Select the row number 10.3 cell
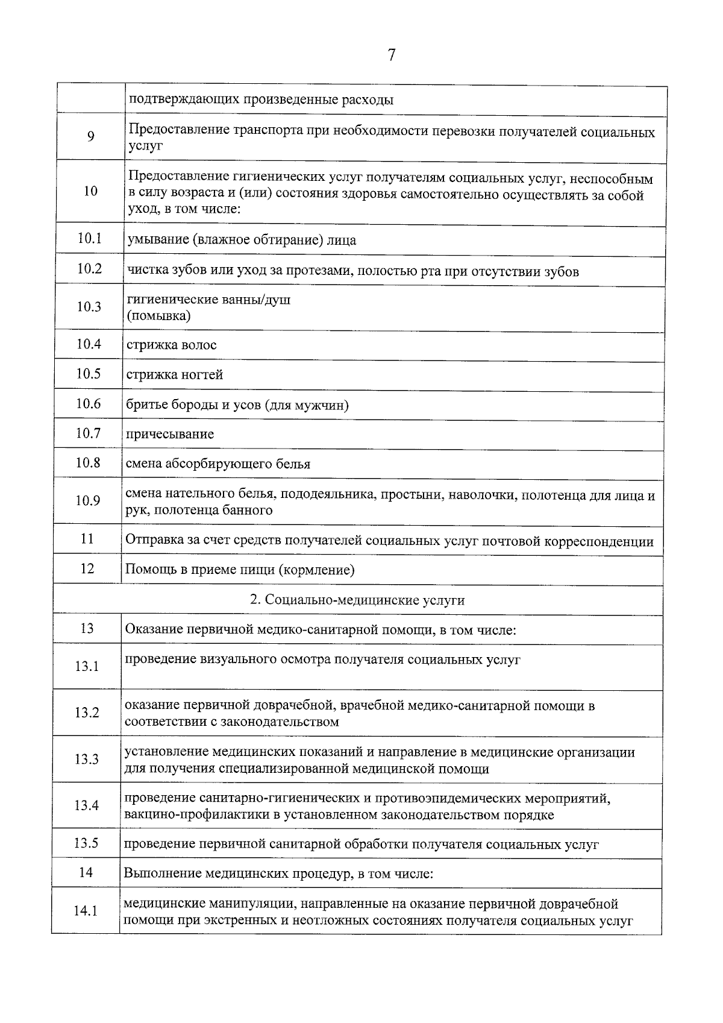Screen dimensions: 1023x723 tap(89, 307)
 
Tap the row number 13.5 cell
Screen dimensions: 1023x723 tap(86, 843)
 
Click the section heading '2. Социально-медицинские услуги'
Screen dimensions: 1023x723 tap(357, 600)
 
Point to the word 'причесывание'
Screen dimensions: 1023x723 tap(170, 434)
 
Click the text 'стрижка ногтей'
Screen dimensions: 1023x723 tap(175, 375)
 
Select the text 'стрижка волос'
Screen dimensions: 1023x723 tap(172, 345)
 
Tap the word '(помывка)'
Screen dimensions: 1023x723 tap(158, 316)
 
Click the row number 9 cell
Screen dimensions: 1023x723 tap(90, 137)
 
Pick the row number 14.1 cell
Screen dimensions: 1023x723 tap(86, 911)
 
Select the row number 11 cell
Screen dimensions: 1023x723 tap(87, 538)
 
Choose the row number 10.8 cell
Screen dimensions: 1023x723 tap(88, 462)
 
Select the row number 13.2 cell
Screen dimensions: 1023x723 tap(87, 713)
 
